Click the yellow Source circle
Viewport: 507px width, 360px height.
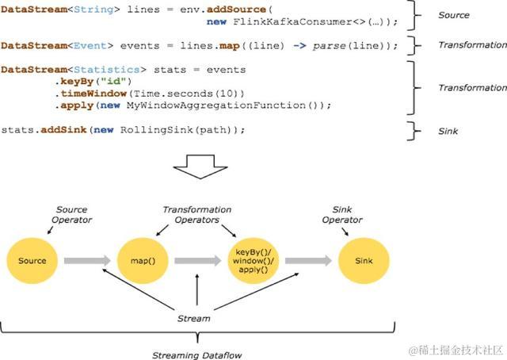pos(32,260)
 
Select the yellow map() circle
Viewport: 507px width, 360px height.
pos(140,260)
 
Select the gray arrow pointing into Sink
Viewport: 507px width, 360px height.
pos(310,260)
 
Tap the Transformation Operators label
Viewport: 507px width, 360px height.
pos(197,215)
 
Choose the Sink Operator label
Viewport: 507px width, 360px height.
pos(341,215)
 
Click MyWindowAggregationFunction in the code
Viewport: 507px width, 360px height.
pos(210,105)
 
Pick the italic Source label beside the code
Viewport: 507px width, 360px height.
pos(454,15)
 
